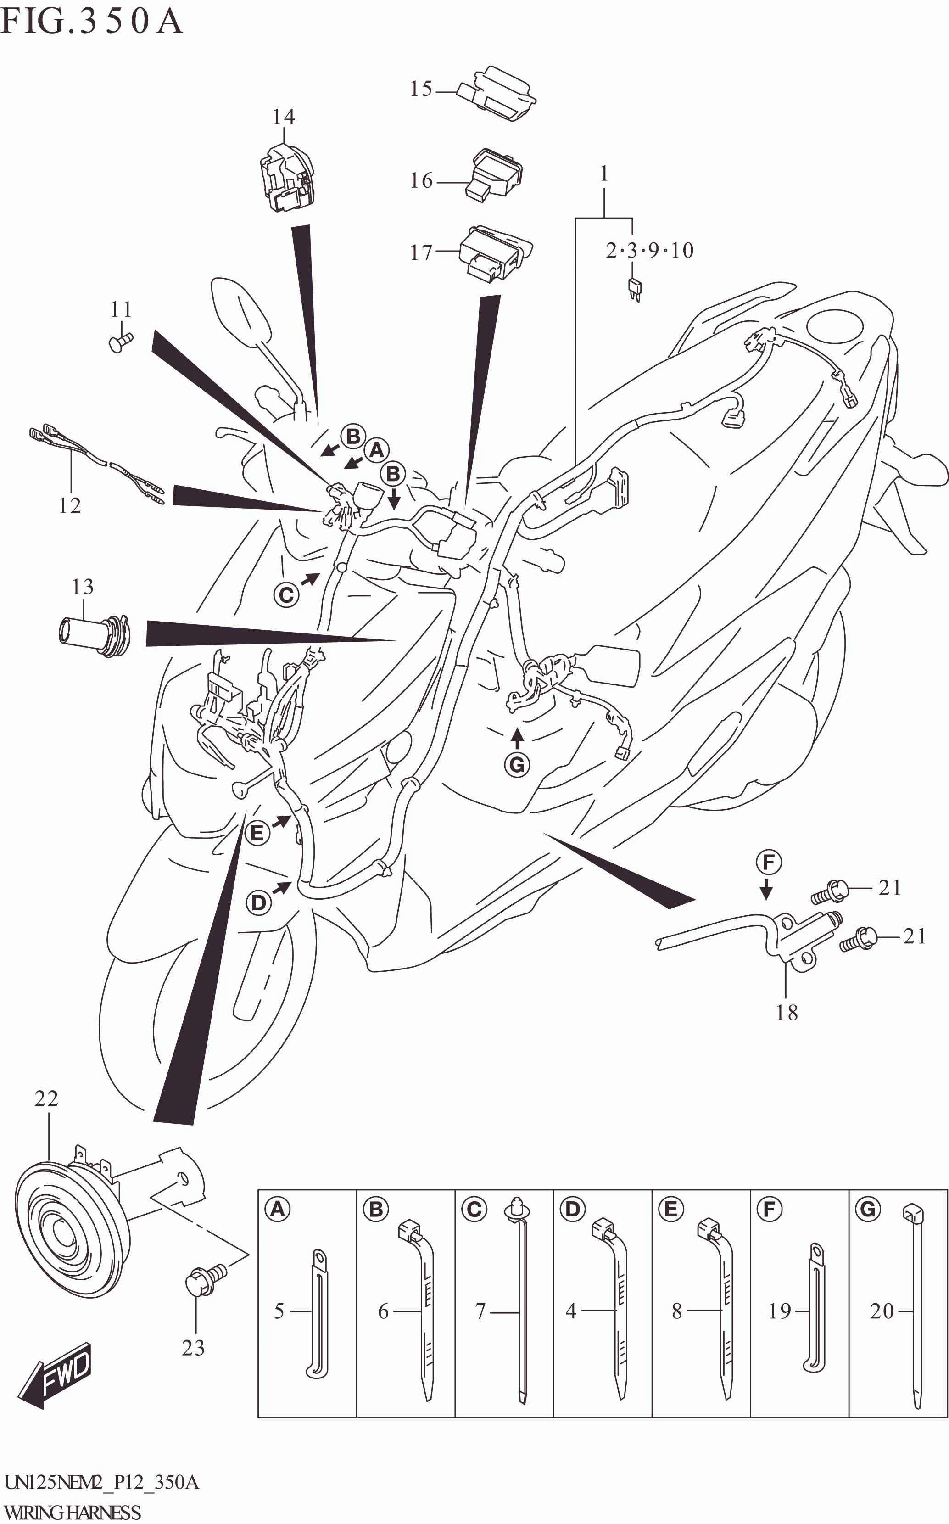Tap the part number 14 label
pyautogui.click(x=283, y=117)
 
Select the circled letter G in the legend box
pyautogui.click(x=869, y=1209)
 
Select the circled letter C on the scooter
pyautogui.click(x=287, y=594)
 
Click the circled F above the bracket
pyautogui.click(x=769, y=863)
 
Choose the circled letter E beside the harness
pyautogui.click(x=257, y=833)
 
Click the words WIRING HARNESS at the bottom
pyautogui.click(x=72, y=1513)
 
